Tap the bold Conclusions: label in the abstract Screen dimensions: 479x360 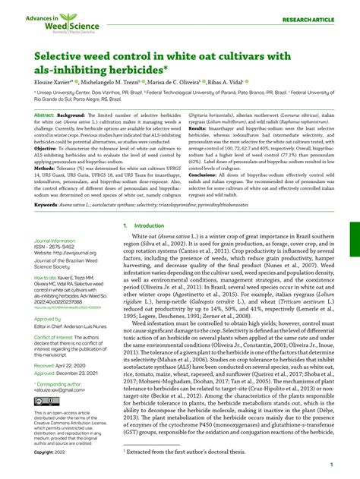203,173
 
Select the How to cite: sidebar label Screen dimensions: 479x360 47,278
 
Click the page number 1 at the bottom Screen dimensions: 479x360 331,465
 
